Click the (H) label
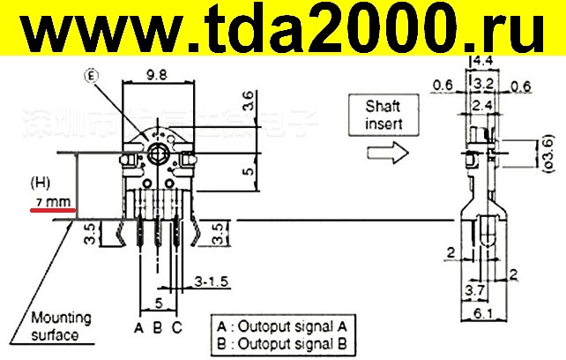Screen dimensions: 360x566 tap(39, 184)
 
